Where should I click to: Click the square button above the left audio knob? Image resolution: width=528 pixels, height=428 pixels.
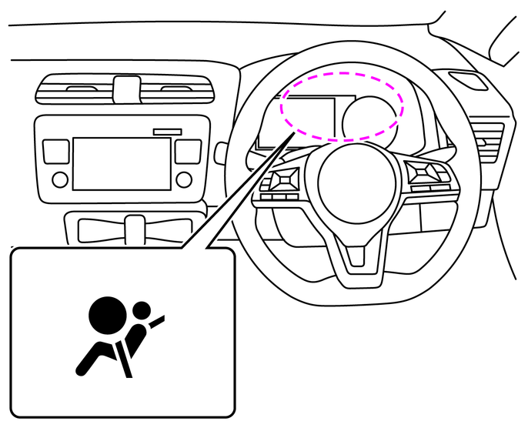(57, 150)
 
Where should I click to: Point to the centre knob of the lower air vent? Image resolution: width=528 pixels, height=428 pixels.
(135, 227)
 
